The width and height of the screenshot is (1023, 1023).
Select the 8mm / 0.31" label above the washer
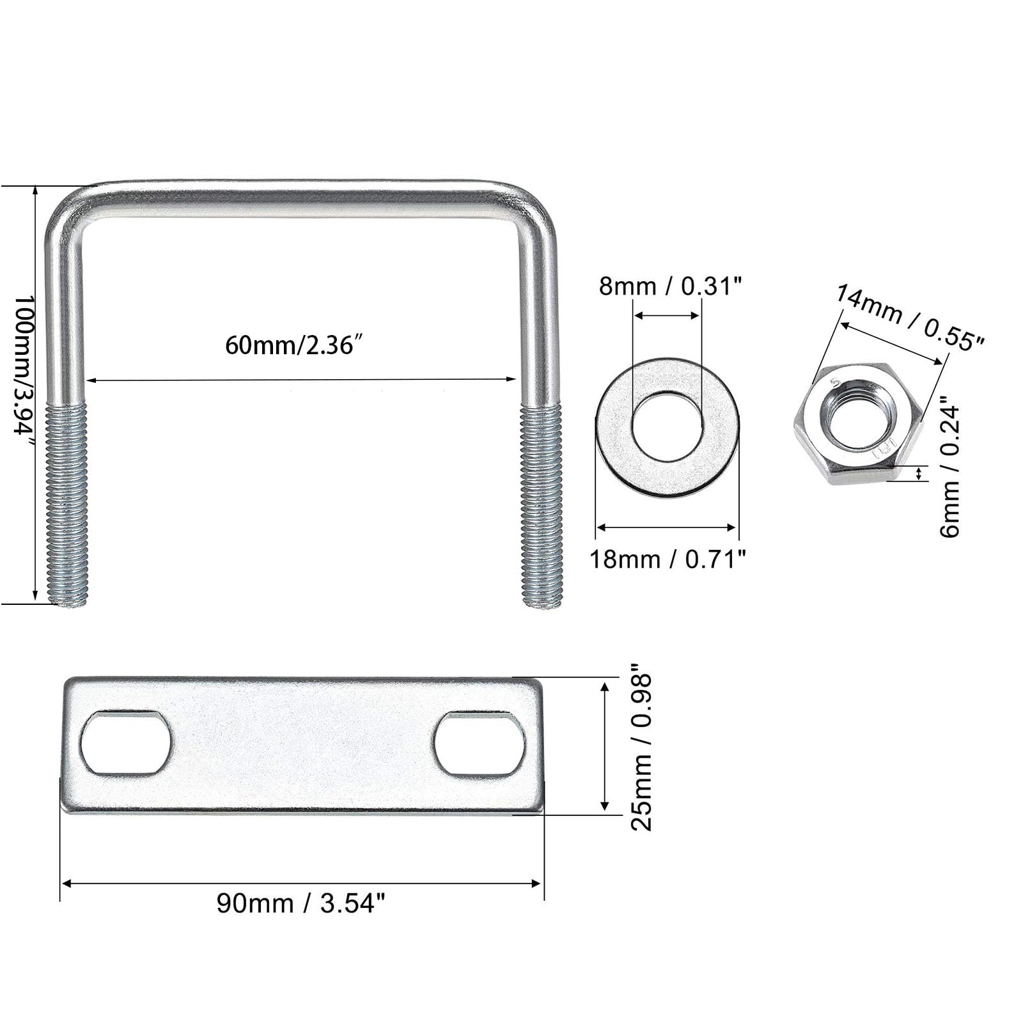671,286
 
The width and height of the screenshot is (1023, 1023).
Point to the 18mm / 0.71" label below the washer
668,559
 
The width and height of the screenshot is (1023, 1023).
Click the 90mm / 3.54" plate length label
301,903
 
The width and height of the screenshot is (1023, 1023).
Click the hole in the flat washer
667,426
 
